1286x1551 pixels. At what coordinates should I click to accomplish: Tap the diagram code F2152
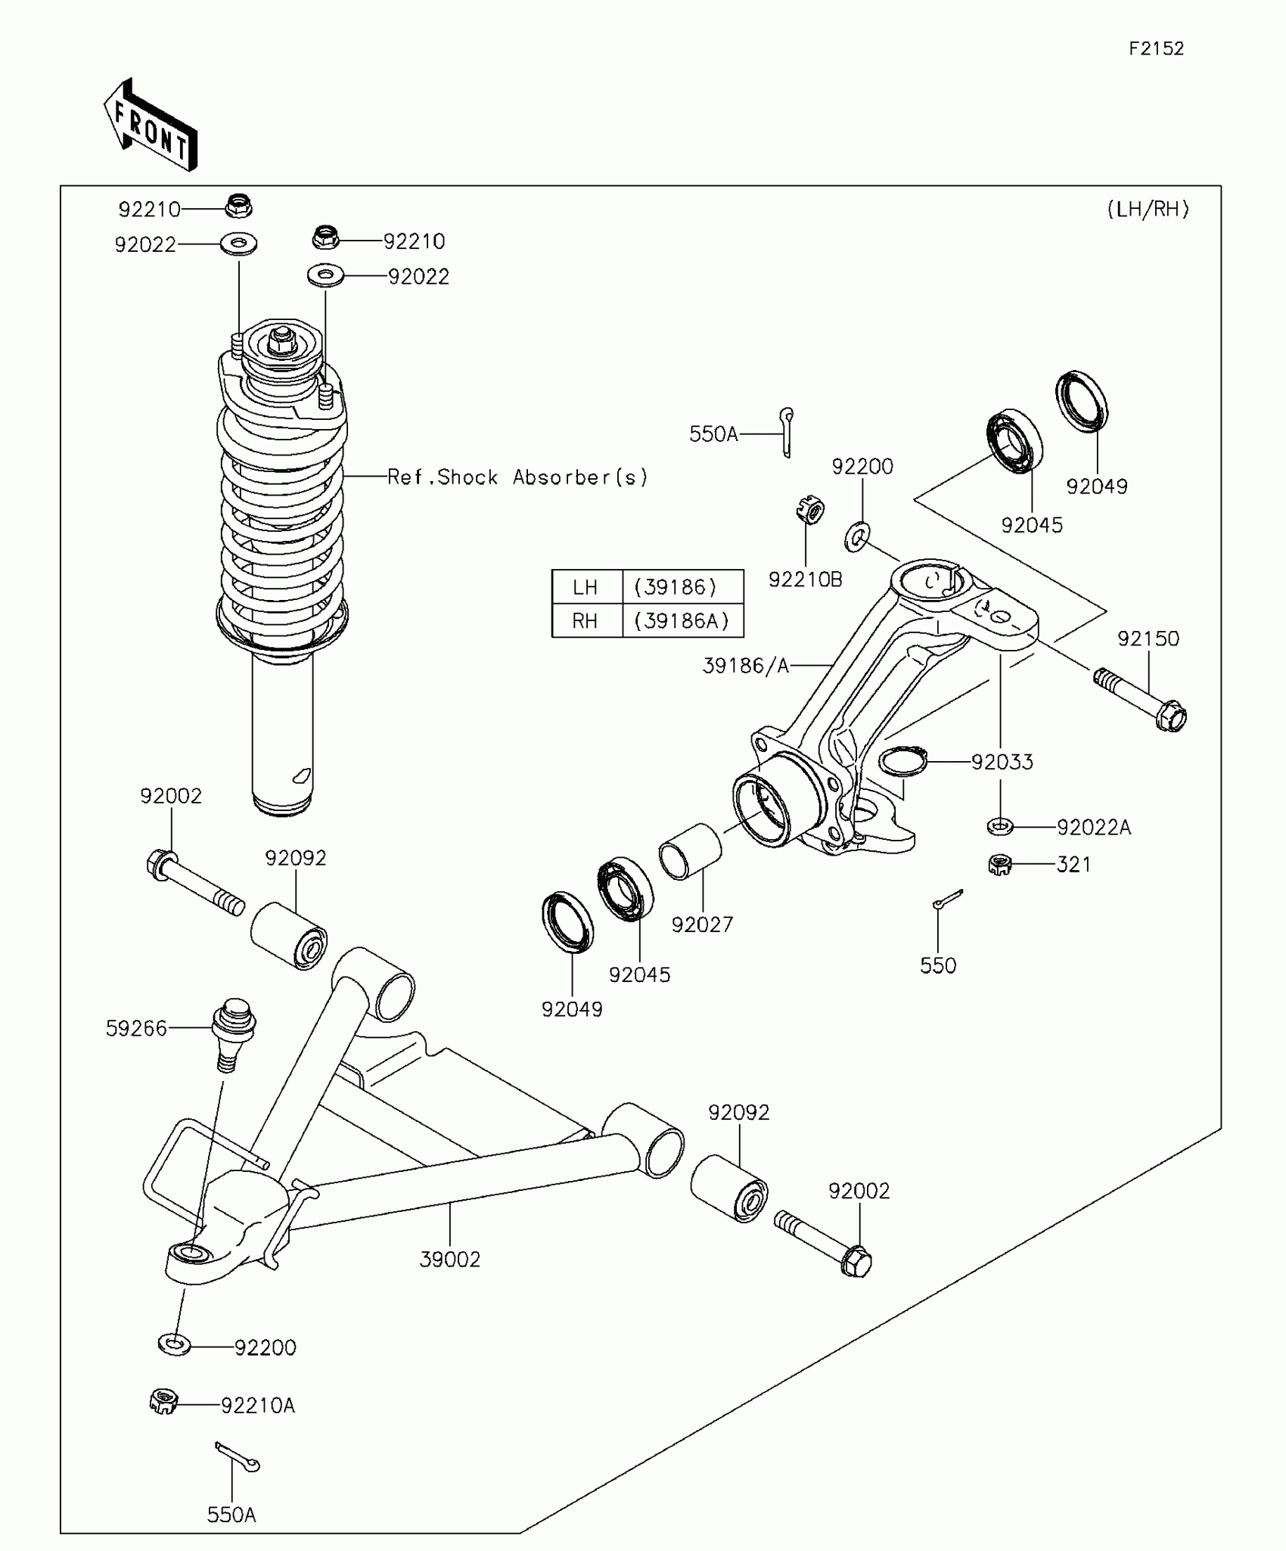tap(1156, 49)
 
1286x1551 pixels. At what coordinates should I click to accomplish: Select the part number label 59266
tap(136, 1028)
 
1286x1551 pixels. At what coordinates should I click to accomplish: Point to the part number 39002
tap(450, 1260)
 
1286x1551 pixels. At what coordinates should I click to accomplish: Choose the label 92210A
tap(258, 1406)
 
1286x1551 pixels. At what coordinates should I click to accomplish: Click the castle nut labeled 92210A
tap(163, 1402)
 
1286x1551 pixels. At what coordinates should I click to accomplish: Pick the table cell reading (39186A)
tap(682, 621)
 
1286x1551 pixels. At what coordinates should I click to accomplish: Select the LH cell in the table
tap(586, 587)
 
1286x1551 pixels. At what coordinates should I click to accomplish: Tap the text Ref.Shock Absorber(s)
tap(518, 477)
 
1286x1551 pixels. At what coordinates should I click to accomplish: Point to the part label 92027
tap(702, 925)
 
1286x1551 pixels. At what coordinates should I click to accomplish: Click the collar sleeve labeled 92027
tap(690, 851)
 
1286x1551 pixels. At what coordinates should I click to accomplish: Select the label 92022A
tap(1093, 828)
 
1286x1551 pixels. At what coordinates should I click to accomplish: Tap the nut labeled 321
tap(1000, 864)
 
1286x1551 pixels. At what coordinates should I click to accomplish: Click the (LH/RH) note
tap(1148, 210)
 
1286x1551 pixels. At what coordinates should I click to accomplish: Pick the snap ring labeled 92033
tap(902, 761)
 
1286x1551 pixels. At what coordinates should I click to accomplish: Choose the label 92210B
tap(805, 580)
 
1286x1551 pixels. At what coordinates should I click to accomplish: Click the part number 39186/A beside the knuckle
tap(745, 666)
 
